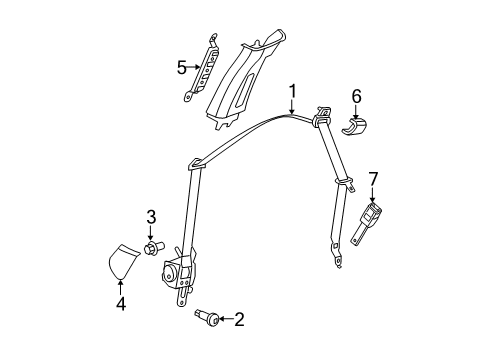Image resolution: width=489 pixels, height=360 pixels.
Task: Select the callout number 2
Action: (x=238, y=320)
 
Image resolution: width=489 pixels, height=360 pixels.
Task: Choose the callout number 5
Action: (x=180, y=68)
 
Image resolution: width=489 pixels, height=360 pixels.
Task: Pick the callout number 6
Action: (x=356, y=97)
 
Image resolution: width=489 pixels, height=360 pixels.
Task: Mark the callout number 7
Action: (x=374, y=180)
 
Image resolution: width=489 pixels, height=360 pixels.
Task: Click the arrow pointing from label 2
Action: (x=222, y=320)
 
